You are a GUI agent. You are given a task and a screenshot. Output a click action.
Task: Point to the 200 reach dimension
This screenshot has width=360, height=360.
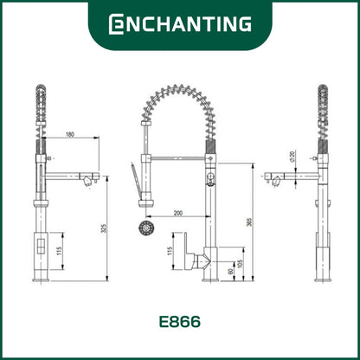[x=177, y=212]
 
